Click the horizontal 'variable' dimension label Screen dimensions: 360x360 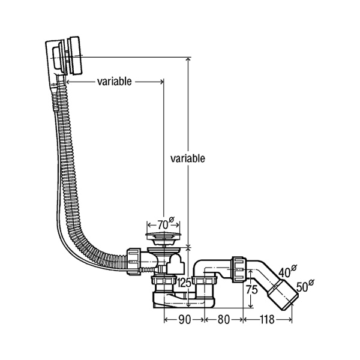(114, 82)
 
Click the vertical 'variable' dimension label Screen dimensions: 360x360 (188, 158)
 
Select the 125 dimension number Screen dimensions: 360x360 (184, 283)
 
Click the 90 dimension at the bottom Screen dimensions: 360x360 (184, 320)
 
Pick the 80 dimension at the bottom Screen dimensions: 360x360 (223, 320)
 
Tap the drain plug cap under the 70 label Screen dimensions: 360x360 (161, 233)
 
